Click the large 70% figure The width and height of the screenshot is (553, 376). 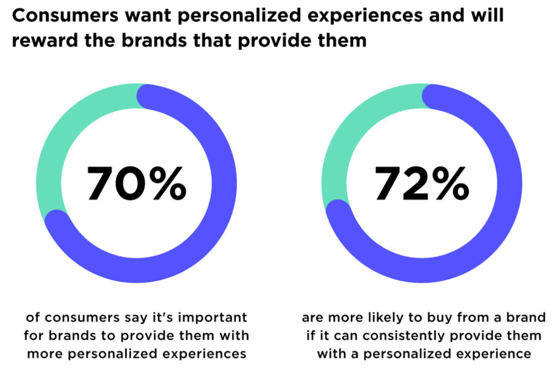tap(136, 184)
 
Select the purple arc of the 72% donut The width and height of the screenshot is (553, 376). tap(492, 233)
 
